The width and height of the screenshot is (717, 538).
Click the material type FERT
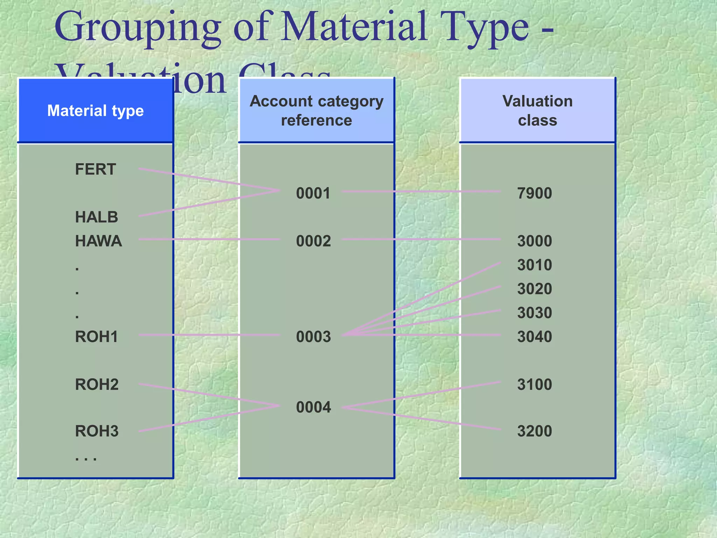95,170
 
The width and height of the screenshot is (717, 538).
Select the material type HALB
97,217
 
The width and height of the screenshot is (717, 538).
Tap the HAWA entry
98,241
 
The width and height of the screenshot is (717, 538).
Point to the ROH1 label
97,337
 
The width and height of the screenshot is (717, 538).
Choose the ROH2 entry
97,385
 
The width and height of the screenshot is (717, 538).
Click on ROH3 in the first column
97,431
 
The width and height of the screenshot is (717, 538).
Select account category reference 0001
313,193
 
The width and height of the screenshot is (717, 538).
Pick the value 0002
313,241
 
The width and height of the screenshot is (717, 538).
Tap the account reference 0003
313,337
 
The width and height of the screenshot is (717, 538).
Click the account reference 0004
313,407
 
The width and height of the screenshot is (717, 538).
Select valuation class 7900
535,193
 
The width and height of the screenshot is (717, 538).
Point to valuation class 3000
535,241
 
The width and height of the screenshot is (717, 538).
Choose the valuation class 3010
535,265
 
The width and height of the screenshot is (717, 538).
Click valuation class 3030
535,313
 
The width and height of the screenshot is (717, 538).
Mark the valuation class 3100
535,385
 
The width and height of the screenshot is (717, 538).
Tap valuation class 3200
535,431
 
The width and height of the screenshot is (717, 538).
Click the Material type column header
95,111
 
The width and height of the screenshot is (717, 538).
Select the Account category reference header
316,111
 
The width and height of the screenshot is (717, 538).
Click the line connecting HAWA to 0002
210,239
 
